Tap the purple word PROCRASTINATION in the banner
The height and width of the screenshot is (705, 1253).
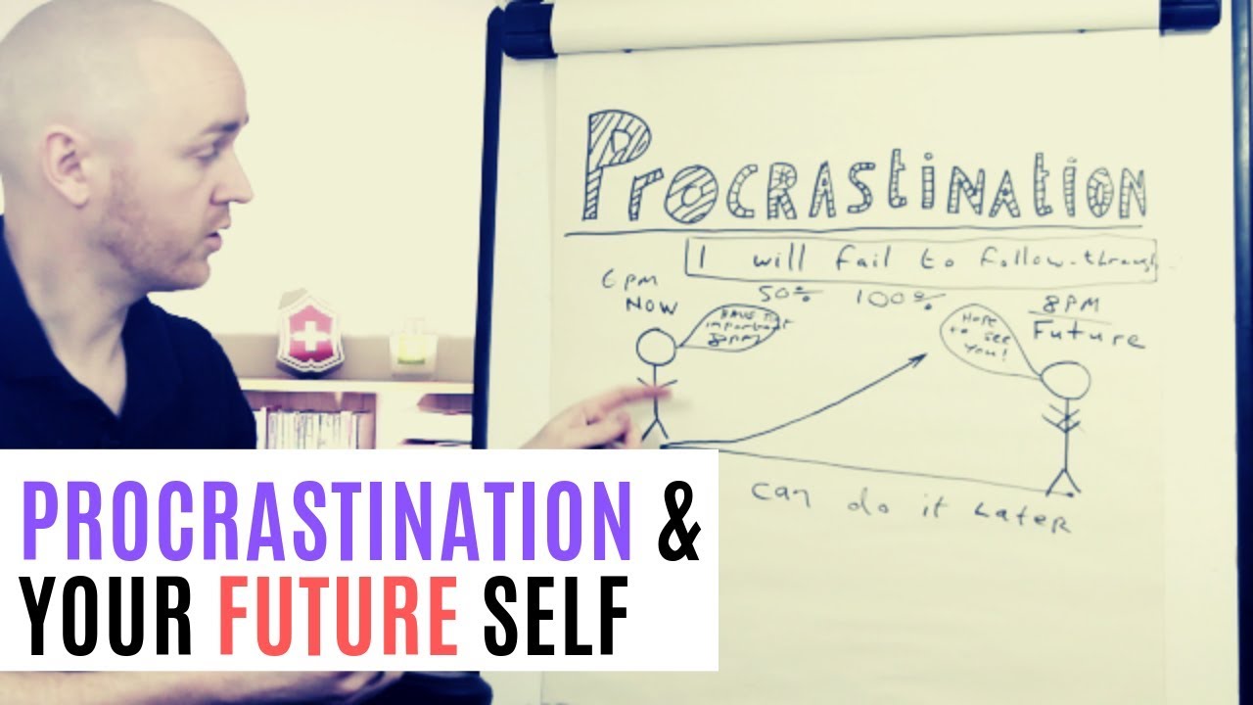326,519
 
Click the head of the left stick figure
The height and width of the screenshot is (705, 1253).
656,349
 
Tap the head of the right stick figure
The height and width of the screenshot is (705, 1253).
1066,379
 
